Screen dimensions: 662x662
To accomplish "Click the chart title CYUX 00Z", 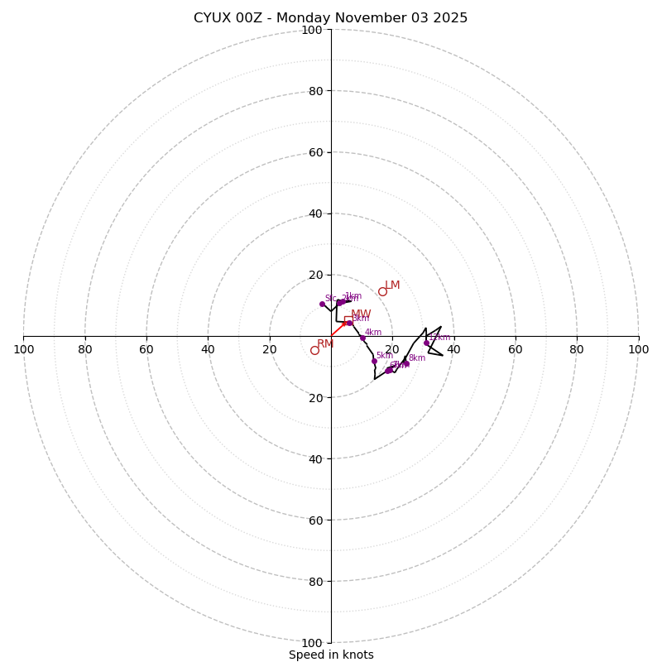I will pyautogui.click(x=330, y=18).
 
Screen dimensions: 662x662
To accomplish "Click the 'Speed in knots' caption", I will pyautogui.click(x=331, y=655).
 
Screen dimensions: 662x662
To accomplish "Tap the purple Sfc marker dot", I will pyautogui.click(x=322, y=304).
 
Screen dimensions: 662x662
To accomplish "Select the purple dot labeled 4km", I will pyautogui.click(x=362, y=338).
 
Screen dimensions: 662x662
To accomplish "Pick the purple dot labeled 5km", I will pyautogui.click(x=374, y=361).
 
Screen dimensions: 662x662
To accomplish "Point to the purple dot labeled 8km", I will pyautogui.click(x=405, y=363).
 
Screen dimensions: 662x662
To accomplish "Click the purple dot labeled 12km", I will pyautogui.click(x=426, y=343).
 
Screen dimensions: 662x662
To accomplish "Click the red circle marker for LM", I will pyautogui.click(x=382, y=291).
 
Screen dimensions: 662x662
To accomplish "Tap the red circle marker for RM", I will pyautogui.click(x=314, y=350).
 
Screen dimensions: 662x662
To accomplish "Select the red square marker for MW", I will pyautogui.click(x=348, y=320).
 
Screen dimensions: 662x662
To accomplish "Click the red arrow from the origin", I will pyautogui.click(x=338, y=329).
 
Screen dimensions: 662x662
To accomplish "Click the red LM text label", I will pyautogui.click(x=392, y=285).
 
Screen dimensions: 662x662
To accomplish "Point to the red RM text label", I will pyautogui.click(x=325, y=344).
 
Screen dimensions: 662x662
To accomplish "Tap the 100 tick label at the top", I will pyautogui.click(x=312, y=30).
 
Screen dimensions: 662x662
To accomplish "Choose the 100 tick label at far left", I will pyautogui.click(x=23, y=349).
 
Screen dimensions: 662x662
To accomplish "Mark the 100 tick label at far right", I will pyautogui.click(x=638, y=349).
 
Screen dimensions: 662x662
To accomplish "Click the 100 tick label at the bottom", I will pyautogui.click(x=312, y=643).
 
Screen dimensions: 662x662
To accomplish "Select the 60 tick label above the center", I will pyautogui.click(x=315, y=152).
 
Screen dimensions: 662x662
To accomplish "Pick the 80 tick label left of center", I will pyautogui.click(x=85, y=349).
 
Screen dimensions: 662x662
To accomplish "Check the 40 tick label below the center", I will pyautogui.click(x=315, y=458).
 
